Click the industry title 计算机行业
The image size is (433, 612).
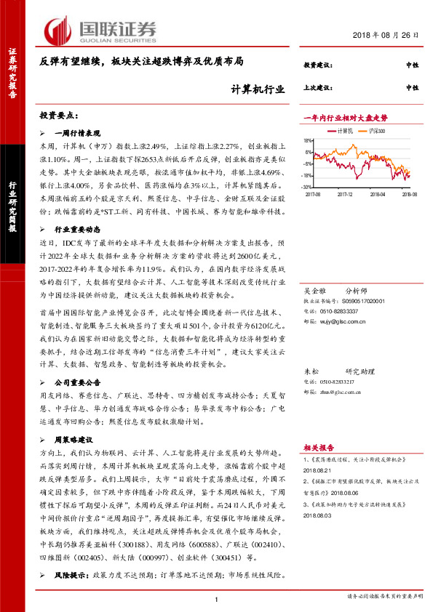coord(253,90)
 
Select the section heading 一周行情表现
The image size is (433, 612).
coord(79,134)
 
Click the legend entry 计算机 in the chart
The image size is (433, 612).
coord(345,130)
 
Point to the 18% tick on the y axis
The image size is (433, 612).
coord(308,141)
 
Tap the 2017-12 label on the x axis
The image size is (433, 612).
coord(346,195)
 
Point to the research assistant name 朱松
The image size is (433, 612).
coord(310,369)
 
